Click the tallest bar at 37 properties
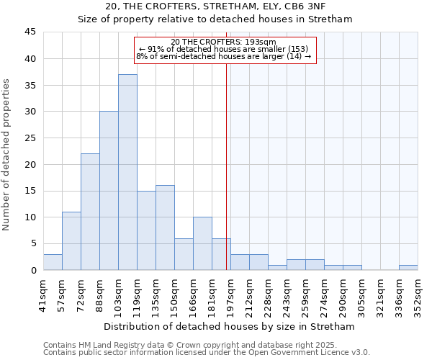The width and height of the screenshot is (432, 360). click(x=127, y=172)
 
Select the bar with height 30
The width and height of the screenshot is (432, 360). click(x=109, y=191)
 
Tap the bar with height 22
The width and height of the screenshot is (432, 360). click(x=90, y=212)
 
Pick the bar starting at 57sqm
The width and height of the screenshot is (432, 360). click(x=71, y=240)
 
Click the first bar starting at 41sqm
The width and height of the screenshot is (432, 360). click(x=53, y=262)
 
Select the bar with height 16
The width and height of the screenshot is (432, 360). click(x=165, y=228)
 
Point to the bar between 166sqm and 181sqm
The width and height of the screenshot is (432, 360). click(x=202, y=243)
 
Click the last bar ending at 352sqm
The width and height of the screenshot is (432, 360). click(x=408, y=268)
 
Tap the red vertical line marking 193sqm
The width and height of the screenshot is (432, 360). click(x=227, y=166)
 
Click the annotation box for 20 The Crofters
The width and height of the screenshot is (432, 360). click(x=225, y=49)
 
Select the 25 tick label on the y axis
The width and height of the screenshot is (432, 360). click(x=30, y=138)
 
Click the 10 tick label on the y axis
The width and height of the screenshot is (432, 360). click(x=30, y=217)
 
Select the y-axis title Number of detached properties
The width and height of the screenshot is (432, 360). click(x=7, y=155)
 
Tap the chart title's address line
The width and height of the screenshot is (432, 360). click(x=215, y=6)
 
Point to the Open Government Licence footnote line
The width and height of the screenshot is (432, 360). click(x=207, y=353)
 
